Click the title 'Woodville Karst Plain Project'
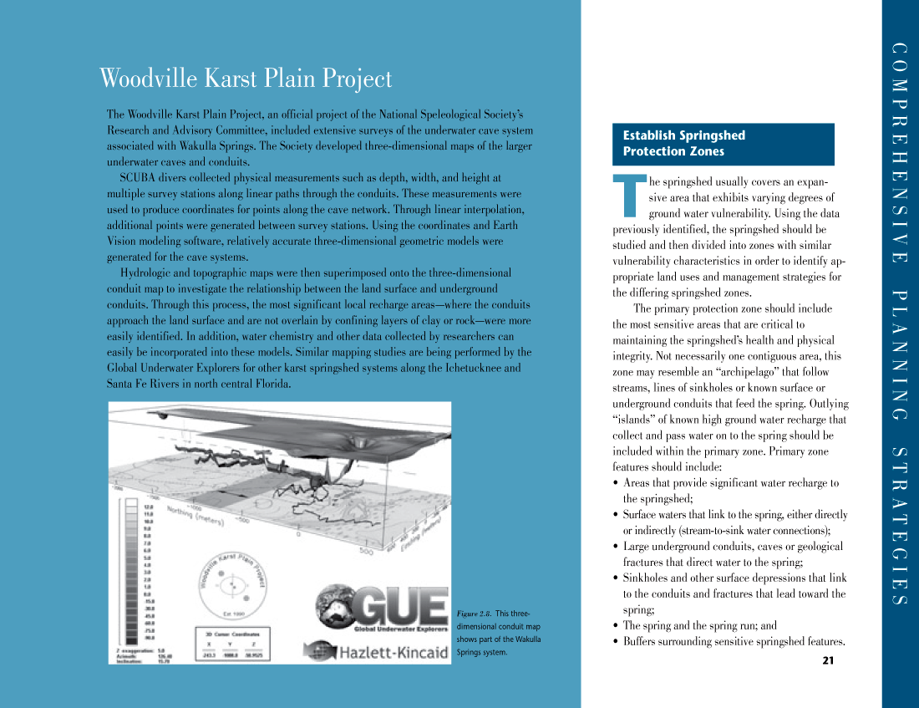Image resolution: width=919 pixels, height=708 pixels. [246, 79]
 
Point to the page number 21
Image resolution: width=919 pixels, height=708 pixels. [828, 661]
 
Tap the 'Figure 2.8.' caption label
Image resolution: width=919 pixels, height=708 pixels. [473, 615]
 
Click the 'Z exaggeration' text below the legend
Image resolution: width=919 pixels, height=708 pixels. [133, 649]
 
